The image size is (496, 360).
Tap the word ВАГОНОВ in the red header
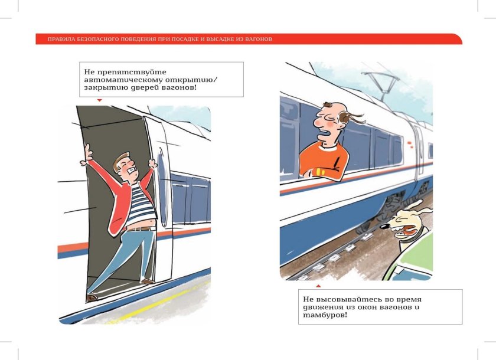pos(258,40)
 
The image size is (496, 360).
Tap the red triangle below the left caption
pos(99,100)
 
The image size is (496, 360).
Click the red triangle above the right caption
pos(318,285)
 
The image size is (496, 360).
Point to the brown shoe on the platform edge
pos(92,298)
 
